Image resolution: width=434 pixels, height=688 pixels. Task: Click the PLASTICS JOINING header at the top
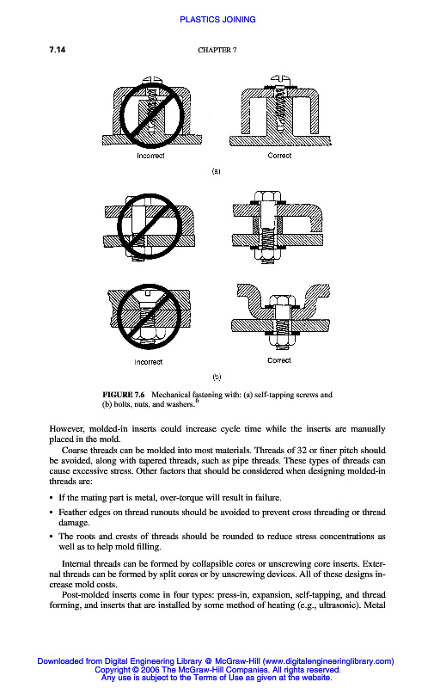[217, 19]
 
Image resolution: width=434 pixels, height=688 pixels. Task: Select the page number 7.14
[58, 50]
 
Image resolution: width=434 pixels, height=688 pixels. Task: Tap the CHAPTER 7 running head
[217, 50]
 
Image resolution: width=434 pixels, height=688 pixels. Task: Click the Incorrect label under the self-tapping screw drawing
[150, 156]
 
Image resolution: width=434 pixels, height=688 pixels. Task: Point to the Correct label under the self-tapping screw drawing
[279, 156]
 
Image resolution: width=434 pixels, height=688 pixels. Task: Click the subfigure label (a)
[216, 171]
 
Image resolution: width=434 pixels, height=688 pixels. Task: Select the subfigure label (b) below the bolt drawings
[217, 377]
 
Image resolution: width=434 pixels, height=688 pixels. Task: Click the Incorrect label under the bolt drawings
[148, 362]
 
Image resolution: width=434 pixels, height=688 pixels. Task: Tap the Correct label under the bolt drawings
[279, 360]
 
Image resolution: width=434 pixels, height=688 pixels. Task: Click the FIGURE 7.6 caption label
[123, 395]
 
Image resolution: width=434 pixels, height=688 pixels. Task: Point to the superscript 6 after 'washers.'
[198, 401]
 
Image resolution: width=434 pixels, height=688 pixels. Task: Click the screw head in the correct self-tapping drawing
[280, 79]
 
